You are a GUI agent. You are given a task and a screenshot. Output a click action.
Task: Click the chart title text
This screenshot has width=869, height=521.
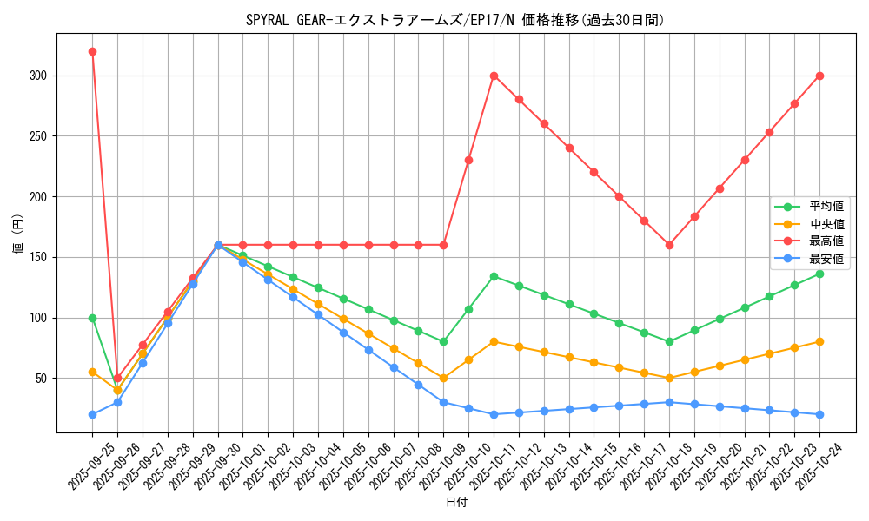[455, 20]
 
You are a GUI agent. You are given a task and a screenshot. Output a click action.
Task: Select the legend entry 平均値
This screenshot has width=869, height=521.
[826, 207]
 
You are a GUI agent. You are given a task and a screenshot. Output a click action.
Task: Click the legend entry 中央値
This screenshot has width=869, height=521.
[826, 224]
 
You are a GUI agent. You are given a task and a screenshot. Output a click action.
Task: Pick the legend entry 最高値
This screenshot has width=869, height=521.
[826, 241]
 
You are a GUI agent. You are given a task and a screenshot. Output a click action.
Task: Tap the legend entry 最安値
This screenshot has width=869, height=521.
[826, 259]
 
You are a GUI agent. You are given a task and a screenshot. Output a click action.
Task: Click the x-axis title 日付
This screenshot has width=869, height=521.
[456, 503]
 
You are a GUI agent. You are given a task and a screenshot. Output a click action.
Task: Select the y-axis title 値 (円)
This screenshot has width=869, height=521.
[18, 234]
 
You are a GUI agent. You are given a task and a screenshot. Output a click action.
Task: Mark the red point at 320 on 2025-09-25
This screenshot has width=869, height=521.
[92, 51]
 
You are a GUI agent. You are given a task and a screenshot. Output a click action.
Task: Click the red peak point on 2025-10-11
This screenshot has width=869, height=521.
[494, 76]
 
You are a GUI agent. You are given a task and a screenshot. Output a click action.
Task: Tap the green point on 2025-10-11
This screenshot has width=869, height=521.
[494, 276]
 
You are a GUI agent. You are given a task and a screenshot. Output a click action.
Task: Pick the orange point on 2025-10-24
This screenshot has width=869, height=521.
[819, 341]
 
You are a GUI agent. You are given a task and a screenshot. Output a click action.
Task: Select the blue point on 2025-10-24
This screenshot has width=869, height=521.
[819, 414]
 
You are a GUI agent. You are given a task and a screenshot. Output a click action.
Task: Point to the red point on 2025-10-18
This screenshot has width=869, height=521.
[669, 245]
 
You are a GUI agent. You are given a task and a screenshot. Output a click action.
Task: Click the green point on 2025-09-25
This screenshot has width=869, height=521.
[92, 318]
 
